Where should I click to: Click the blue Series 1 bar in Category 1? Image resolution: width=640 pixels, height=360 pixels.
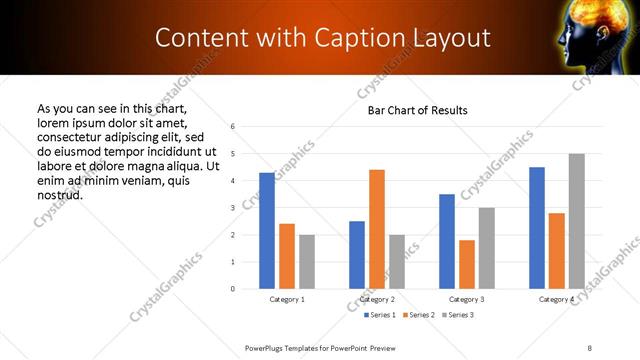point(267,231)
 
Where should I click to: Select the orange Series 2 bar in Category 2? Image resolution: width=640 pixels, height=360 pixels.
point(376,229)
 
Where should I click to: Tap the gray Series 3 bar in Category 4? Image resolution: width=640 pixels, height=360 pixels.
point(576,221)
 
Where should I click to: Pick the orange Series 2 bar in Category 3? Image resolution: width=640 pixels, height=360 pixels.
point(466,264)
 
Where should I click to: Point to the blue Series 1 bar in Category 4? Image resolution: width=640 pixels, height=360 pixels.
point(537,228)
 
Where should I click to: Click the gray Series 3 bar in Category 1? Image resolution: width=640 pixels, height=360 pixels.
point(307,262)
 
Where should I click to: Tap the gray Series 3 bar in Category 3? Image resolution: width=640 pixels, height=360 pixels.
point(486,248)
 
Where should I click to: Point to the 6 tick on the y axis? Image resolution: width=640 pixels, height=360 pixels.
point(232,127)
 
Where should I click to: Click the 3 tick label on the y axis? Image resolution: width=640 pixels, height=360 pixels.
point(232,208)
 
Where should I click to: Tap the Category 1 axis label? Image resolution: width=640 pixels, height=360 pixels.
point(287,299)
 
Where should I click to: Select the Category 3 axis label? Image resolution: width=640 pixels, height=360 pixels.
point(466,299)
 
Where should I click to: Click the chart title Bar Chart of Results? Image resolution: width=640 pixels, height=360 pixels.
point(411,110)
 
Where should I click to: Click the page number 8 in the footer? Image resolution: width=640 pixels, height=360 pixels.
point(590,346)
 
